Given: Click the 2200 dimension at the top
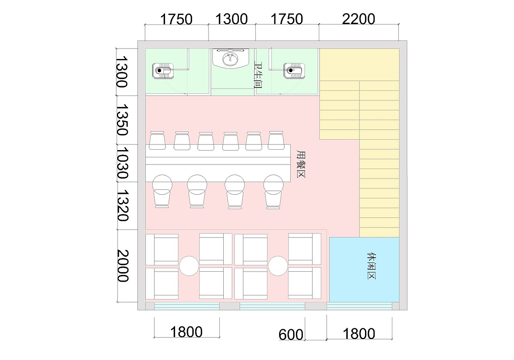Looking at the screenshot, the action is click(359, 19).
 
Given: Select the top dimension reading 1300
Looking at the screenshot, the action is click(232, 19).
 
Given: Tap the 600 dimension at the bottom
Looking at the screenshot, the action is click(291, 335).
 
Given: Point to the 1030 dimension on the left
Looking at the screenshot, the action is click(122, 163).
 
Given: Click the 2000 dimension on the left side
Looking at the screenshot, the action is click(123, 266).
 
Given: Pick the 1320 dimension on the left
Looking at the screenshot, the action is click(123, 205).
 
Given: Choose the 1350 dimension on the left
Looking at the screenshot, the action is click(122, 120).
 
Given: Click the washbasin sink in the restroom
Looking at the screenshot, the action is click(230, 58).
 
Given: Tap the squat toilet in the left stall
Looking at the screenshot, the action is click(163, 71).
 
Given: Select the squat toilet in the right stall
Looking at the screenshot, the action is click(294, 71).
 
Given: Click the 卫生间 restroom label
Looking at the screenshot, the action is click(258, 75).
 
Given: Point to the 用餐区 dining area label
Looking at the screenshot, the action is click(301, 164).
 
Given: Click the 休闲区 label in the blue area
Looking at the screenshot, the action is click(371, 266).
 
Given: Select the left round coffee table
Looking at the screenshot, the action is click(189, 266).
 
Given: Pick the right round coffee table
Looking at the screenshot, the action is click(278, 266).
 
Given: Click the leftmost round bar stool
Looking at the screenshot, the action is click(162, 185).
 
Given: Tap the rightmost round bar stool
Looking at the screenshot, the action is click(273, 185).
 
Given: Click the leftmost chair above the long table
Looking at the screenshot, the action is click(157, 140).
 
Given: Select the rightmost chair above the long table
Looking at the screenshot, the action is click(276, 140).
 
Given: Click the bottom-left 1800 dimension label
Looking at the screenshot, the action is click(186, 332).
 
